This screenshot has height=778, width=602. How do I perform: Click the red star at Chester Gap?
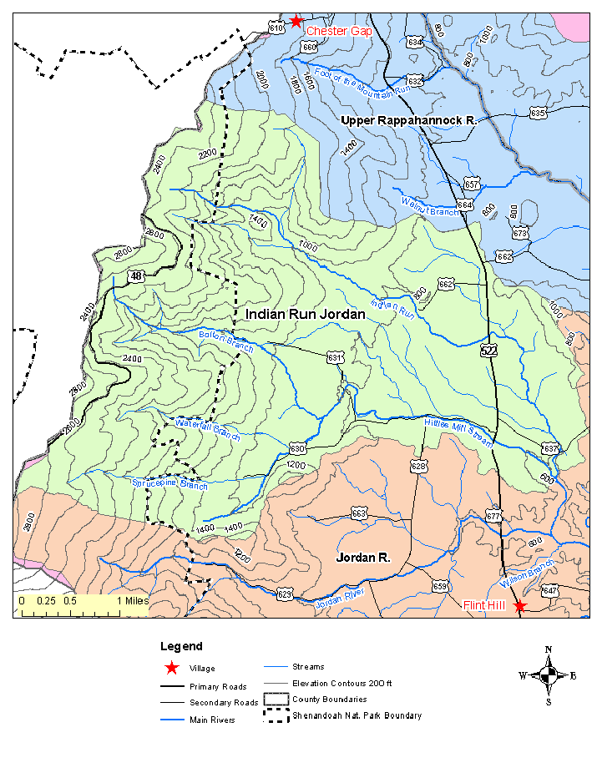pos(296,21)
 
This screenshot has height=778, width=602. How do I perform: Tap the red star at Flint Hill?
pos(520,605)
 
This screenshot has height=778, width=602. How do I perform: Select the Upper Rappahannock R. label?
pos(408,121)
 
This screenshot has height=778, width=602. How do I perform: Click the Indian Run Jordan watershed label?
pos(306,314)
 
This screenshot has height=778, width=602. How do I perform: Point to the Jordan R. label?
pos(363,556)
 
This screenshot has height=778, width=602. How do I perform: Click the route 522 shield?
pos(489,351)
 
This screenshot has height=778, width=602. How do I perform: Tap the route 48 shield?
pos(136,275)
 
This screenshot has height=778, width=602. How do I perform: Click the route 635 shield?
pos(538,113)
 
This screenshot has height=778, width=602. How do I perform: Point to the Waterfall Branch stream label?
pos(207,431)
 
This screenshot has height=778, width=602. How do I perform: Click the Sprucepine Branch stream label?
pos(169,483)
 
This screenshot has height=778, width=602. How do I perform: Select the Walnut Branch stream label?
pos(429,206)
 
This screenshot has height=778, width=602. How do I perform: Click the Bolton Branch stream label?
pos(225,341)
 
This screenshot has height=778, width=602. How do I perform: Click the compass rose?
pos(548,675)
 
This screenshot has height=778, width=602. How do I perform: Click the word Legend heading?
pos(181,646)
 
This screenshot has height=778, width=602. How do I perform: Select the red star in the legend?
pos(171,668)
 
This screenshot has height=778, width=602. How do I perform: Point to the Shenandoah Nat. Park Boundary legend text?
pos(357,715)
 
